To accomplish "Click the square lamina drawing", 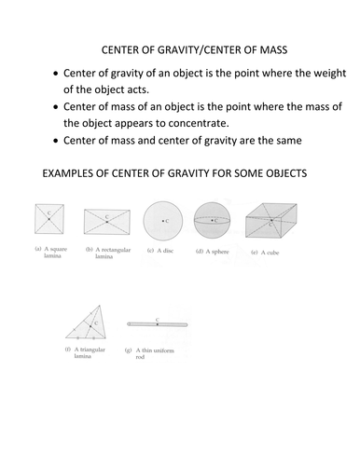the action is tap(48, 221).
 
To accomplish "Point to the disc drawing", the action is tap(163, 221).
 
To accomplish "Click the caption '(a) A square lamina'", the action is tap(48, 254).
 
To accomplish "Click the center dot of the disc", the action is tap(163, 221).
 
